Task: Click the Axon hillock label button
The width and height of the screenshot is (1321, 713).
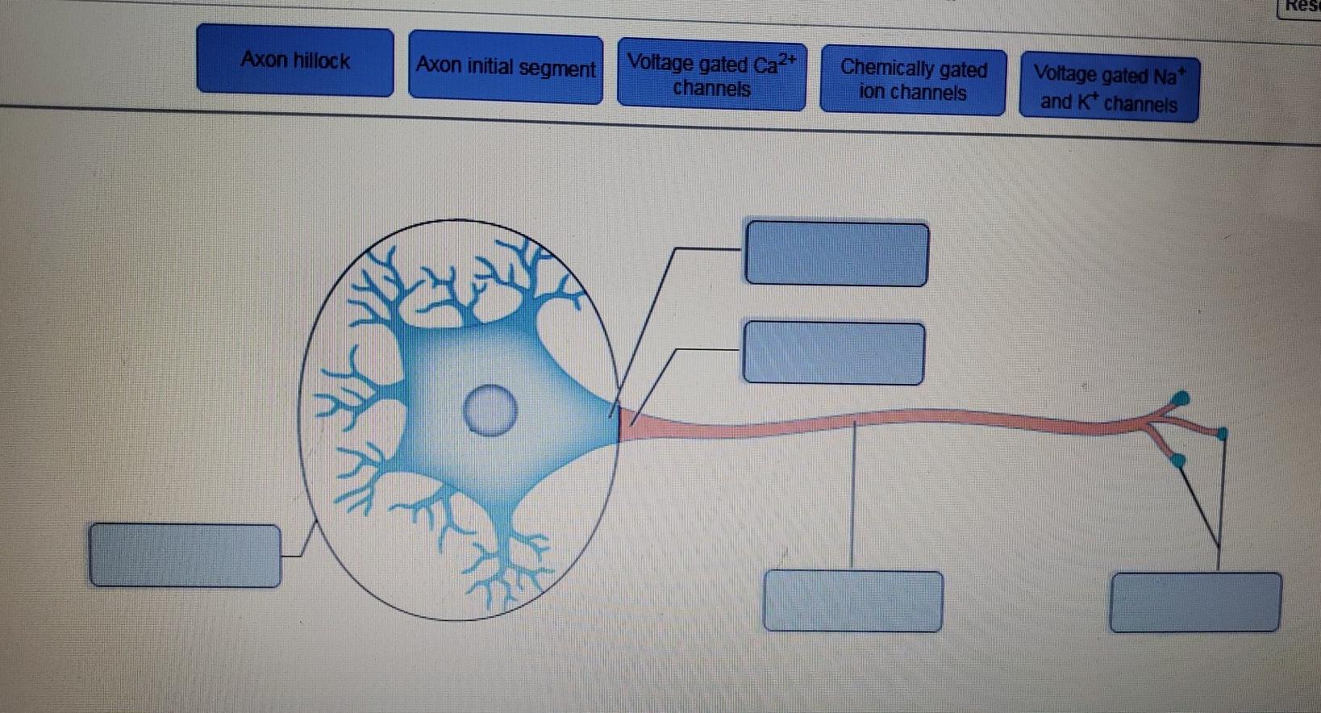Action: coord(295,60)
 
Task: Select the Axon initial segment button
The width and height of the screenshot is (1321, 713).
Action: coord(506,67)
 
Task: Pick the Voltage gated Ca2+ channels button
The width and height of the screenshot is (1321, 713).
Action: coord(711,75)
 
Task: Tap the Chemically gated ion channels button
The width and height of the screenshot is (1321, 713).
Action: coord(913,80)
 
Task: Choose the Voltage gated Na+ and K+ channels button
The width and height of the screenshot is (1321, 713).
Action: coord(1109,89)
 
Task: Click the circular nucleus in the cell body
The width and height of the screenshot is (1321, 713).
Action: coord(490,411)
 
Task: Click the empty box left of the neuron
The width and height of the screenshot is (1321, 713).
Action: coord(185,555)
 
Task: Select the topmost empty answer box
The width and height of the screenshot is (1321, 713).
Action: coord(837,253)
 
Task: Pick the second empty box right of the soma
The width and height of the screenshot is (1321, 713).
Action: coord(833,353)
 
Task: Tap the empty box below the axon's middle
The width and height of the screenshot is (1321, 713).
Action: coord(853,601)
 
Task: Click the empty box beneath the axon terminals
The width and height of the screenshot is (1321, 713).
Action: coord(1195,602)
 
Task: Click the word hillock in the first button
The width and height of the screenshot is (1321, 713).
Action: coord(322,60)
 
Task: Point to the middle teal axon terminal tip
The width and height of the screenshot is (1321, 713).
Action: coord(1222,434)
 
